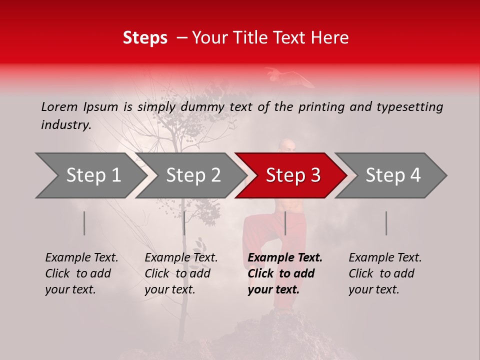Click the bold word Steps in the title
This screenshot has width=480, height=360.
(145, 38)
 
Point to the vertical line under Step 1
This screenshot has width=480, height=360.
(84, 223)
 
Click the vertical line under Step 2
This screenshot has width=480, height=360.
(184, 223)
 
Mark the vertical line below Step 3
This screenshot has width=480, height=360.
(285, 223)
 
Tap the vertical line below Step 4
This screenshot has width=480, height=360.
(386, 223)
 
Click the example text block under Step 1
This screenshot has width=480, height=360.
(81, 273)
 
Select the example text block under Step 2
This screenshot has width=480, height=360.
(180, 273)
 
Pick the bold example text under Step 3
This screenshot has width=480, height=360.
(284, 273)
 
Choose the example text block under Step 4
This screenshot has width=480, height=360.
(384, 273)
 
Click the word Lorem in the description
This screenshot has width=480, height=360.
(59, 107)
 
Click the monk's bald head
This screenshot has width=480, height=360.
(288, 146)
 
